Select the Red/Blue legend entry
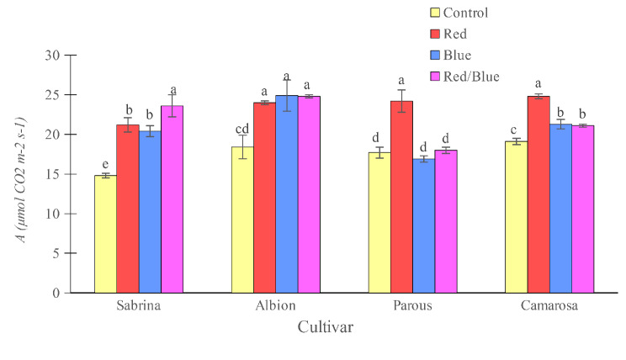[x=470, y=77]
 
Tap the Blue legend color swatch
[x=435, y=56]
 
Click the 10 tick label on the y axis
[x=54, y=214]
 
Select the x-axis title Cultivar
[x=325, y=327]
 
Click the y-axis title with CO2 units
[x=18, y=174]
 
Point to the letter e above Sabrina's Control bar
[x=105, y=165]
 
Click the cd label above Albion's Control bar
[x=242, y=128]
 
